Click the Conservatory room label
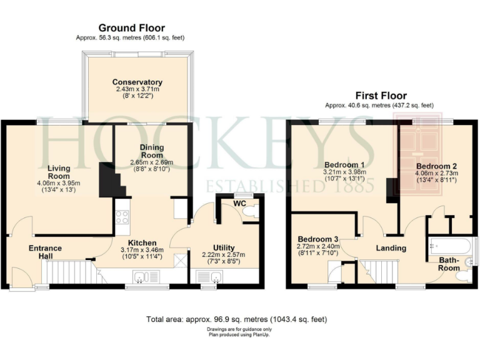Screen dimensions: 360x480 point(137,82)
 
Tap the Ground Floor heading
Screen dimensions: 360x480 point(131,28)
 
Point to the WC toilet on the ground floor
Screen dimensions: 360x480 point(249,214)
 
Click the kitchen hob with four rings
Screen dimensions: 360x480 point(122,217)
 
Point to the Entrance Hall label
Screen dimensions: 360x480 point(45,252)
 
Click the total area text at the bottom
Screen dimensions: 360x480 point(236,319)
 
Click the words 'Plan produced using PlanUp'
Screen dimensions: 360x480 point(236,334)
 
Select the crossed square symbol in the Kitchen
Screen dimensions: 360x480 point(179,259)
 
